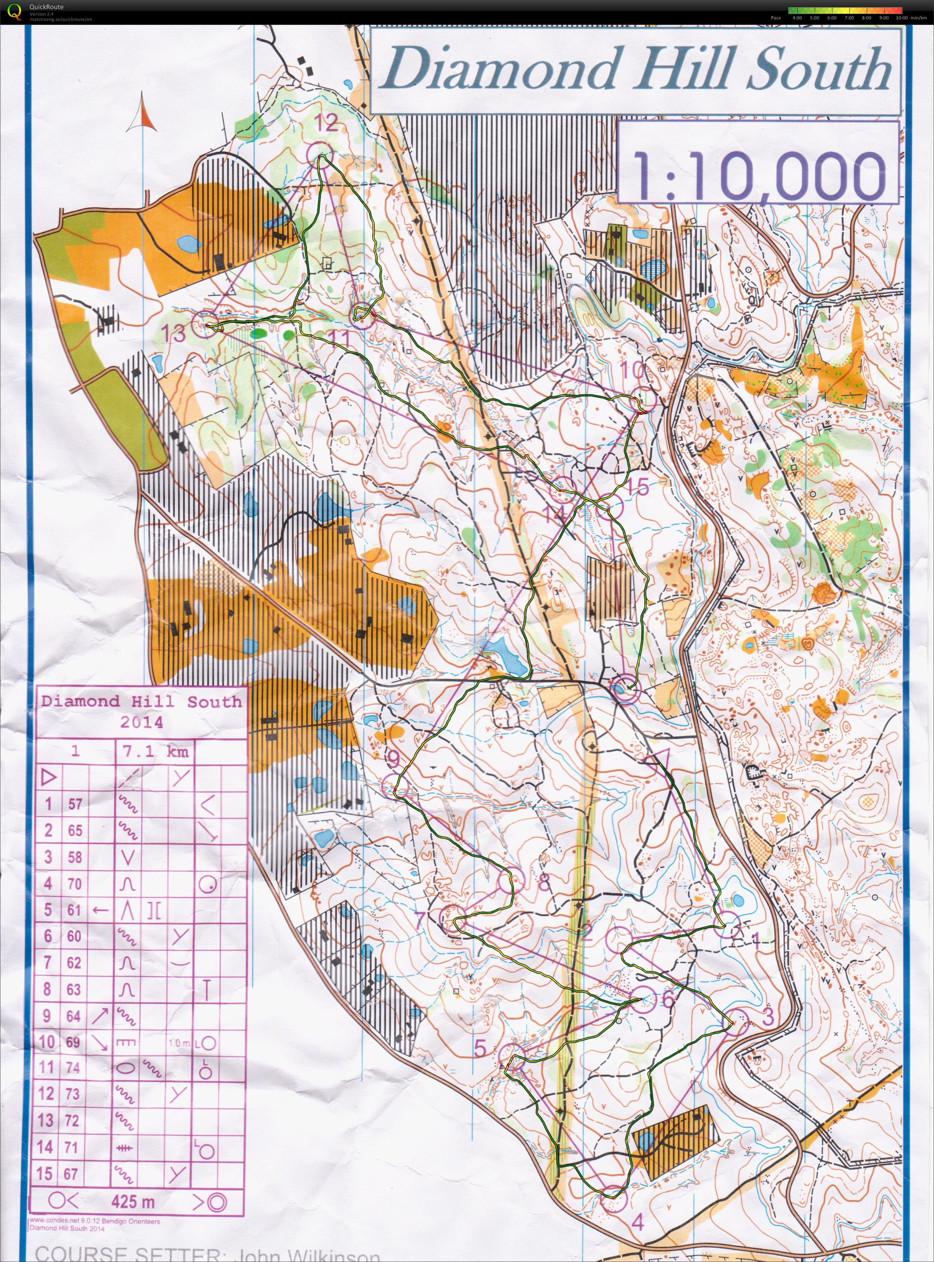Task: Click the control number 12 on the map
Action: coord(326,122)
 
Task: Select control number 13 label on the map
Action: coord(174,333)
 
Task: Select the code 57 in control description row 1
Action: coord(75,803)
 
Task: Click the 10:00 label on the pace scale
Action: coord(901,17)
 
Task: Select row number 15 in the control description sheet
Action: coord(45,1174)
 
